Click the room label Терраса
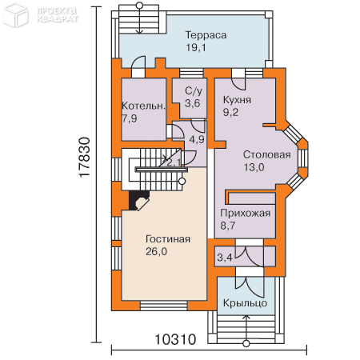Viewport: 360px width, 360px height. pos(206,35)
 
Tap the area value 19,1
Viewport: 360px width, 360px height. pos(198,48)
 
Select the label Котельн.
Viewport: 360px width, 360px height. pos(144,106)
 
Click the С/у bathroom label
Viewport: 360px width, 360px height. pos(193,91)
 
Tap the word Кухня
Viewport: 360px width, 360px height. pos(238,100)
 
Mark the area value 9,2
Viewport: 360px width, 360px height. pos(232,113)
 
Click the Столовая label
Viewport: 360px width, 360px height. pos(266,154)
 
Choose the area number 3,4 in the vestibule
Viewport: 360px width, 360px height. pos(226,258)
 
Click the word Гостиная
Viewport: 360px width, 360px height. pos(168,239)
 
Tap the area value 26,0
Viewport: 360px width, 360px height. pos(158,252)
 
